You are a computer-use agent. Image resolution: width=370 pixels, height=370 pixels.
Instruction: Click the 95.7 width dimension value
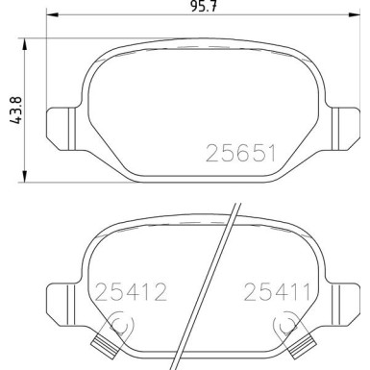coord(204,6)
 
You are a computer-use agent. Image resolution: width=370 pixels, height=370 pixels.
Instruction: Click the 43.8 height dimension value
coord(15,111)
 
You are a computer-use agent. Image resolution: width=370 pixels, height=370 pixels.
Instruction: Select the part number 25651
coord(240,153)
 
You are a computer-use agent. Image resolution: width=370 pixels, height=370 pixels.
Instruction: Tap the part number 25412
coord(131,292)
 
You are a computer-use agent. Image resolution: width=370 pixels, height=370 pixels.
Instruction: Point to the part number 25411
coord(277,292)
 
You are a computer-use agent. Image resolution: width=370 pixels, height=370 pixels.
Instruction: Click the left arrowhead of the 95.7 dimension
coord(53,14)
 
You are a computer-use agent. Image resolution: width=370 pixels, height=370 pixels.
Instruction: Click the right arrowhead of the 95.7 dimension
coord(355,14)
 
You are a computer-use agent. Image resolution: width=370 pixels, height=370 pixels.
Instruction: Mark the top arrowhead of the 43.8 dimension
coord(24,44)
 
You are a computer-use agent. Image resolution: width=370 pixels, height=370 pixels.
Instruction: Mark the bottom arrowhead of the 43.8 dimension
coord(24,176)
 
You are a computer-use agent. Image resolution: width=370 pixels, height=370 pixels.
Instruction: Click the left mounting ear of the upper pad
coord(61,129)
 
